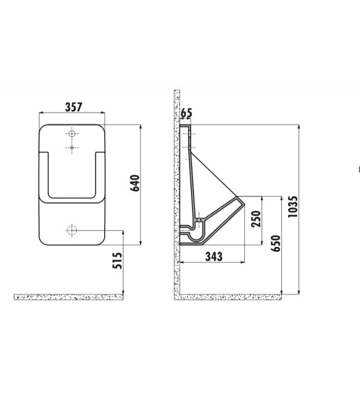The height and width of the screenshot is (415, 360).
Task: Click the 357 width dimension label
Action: [72, 107]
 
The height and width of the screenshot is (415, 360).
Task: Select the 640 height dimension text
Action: [135, 183]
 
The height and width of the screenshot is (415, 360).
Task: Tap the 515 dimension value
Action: [117, 260]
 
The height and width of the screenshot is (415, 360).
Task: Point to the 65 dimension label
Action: [186, 113]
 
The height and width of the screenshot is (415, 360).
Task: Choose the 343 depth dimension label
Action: [214, 256]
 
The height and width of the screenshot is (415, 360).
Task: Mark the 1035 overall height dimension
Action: [294, 206]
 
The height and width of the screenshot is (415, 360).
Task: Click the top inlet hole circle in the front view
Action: [72, 134]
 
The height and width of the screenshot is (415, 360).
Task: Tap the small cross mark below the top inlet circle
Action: [72, 148]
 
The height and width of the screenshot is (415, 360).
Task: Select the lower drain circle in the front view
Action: [72, 230]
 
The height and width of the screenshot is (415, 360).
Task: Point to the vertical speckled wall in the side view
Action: [177, 194]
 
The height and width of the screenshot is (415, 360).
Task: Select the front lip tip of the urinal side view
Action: [241, 201]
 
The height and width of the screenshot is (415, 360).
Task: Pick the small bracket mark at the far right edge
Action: [359, 170]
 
